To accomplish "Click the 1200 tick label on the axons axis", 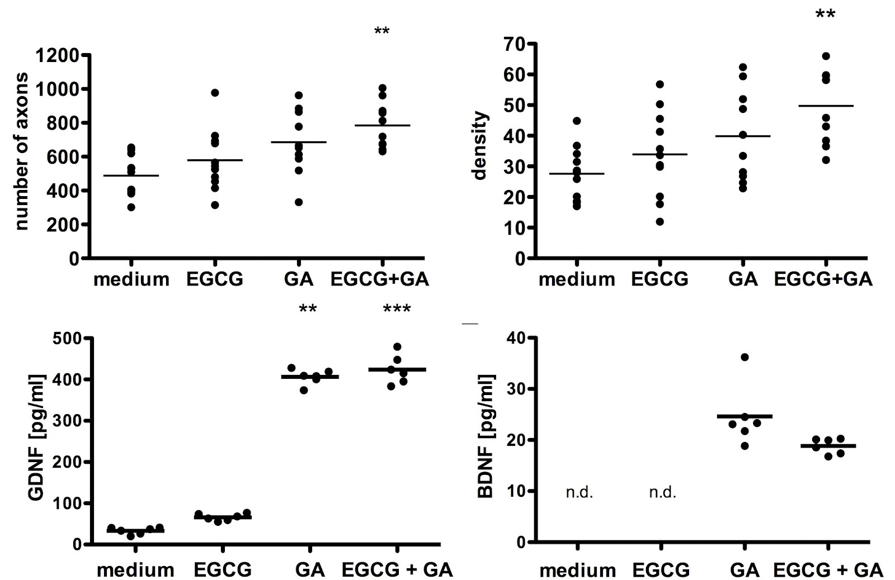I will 57,55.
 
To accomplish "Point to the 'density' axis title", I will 480,146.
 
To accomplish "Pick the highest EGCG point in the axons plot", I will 215,93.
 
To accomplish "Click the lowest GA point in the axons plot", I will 299,202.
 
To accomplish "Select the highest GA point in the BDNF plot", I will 745,357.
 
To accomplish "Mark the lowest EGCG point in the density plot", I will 660,222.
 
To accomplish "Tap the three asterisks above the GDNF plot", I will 397,309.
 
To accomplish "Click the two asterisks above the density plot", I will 825,14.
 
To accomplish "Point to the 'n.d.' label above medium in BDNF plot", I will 579,493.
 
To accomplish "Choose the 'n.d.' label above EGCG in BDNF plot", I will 662,493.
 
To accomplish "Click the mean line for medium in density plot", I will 577,174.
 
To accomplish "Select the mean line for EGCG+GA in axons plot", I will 382,125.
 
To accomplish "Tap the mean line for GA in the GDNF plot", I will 310,377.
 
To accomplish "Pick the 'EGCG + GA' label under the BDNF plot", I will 828,570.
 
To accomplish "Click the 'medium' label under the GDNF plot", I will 135,570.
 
